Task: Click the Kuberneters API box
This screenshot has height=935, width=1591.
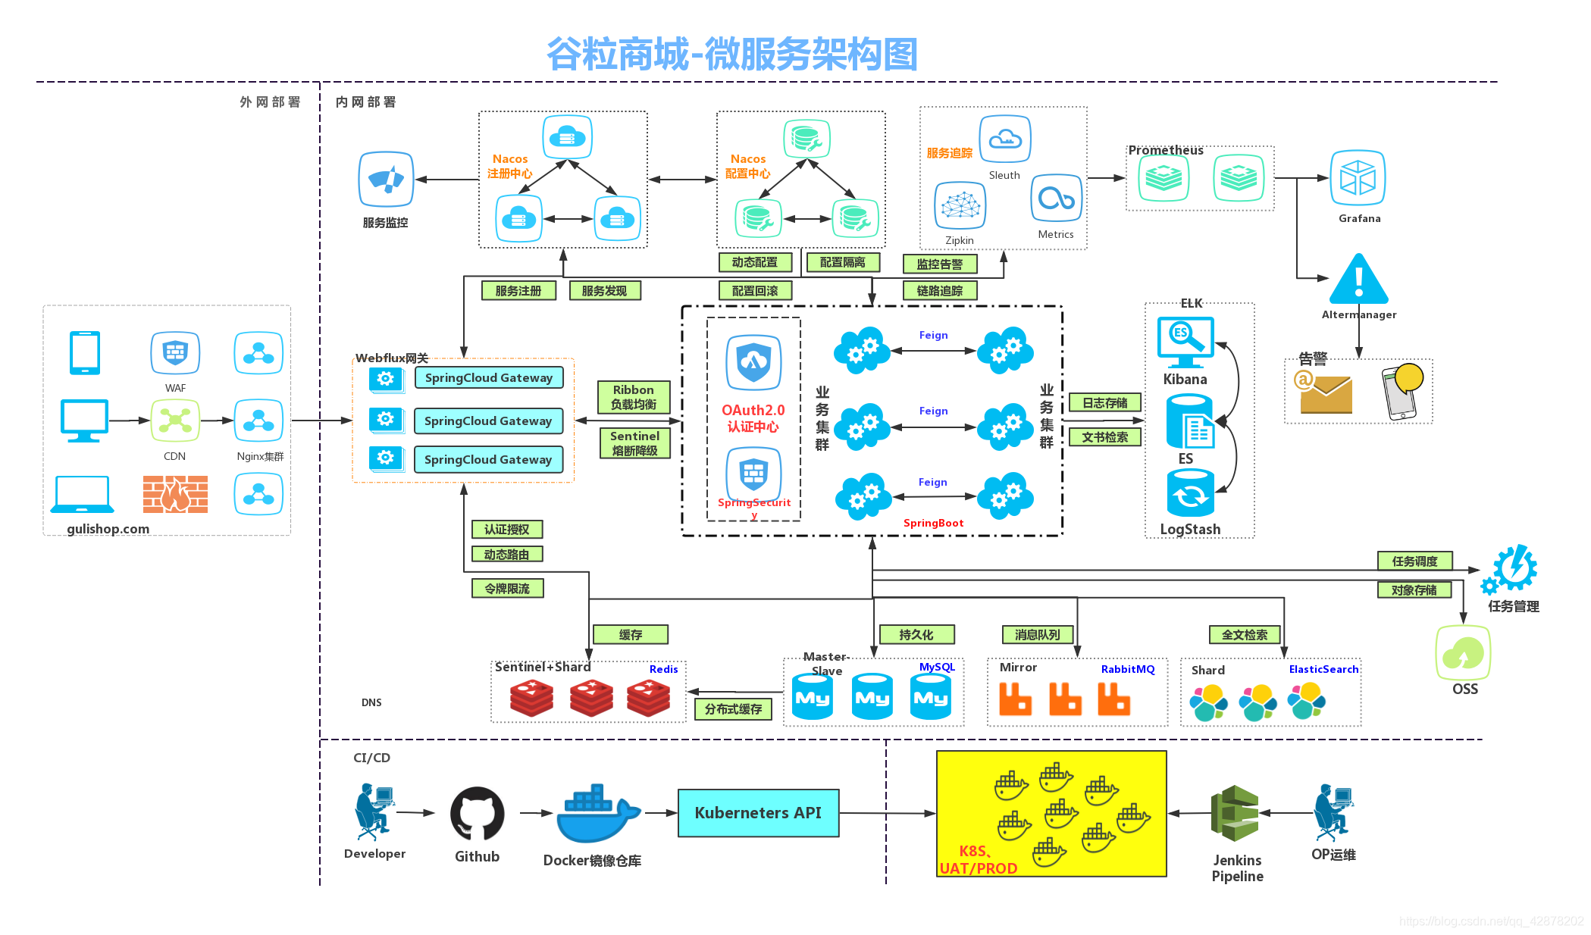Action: click(x=758, y=813)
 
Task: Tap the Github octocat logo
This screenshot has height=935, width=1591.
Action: click(x=477, y=814)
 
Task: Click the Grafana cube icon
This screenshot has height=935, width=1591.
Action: click(x=1358, y=178)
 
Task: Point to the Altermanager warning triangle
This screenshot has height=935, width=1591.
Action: click(x=1359, y=280)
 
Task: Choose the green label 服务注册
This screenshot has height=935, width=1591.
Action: click(x=518, y=291)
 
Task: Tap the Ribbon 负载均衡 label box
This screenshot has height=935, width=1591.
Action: click(x=634, y=397)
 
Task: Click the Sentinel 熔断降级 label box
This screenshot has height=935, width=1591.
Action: click(x=634, y=443)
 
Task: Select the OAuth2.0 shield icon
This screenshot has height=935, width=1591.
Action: click(x=753, y=362)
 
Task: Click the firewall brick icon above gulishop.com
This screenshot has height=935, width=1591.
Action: click(x=175, y=495)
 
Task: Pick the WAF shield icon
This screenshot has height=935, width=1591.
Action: click(x=175, y=353)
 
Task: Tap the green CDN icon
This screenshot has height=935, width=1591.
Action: click(x=175, y=421)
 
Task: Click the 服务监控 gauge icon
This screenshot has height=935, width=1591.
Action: click(x=386, y=180)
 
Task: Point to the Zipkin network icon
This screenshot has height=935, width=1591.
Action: click(x=960, y=205)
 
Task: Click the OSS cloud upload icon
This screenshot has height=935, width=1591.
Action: click(x=1463, y=653)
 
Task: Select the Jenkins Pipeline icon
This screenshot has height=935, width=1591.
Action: click(x=1235, y=813)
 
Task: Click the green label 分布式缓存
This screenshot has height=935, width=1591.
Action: click(x=733, y=709)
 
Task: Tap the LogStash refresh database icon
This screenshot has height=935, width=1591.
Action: click(x=1190, y=493)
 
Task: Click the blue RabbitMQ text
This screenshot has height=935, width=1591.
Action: click(x=1128, y=669)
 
